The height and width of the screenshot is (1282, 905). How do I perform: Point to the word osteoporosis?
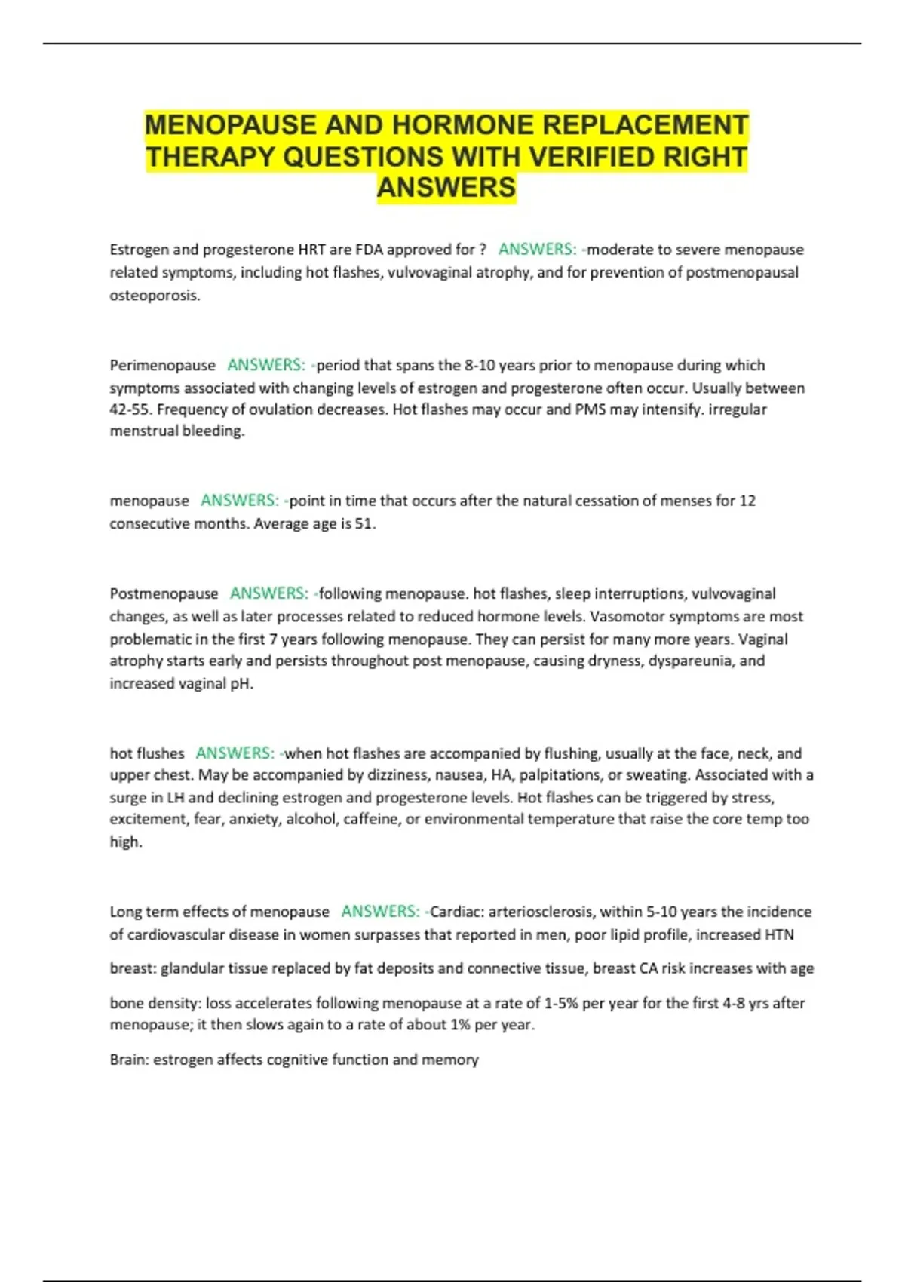tap(155, 296)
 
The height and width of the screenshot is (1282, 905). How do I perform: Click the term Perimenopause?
tap(162, 366)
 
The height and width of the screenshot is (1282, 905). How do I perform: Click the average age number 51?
tap(364, 523)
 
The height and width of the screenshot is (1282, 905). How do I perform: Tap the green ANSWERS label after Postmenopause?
tap(269, 593)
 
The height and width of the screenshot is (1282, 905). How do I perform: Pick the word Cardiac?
tap(455, 912)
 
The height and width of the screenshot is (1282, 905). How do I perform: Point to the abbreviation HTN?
tap(779, 935)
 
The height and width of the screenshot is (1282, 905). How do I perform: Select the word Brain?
tap(127, 1060)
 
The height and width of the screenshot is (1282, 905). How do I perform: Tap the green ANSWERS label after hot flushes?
tap(235, 753)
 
